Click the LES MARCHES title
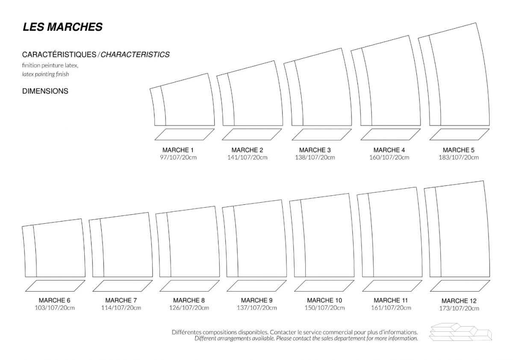coord(62,27)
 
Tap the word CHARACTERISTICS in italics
coord(135,54)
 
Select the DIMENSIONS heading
coord(45,91)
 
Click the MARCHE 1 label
coord(178,150)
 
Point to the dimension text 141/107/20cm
coord(247,157)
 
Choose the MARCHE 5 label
coord(458,150)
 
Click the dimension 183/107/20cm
coord(458,157)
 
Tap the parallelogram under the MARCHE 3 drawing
coord(321,134)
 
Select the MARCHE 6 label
coord(55,300)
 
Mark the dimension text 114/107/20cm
coord(121,307)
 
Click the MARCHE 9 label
coord(256,300)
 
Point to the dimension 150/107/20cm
coord(324,307)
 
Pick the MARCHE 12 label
coord(459,301)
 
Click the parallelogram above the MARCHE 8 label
coord(189,286)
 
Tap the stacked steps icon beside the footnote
coord(460,332)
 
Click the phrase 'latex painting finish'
coord(45,74)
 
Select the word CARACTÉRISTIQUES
coord(59,54)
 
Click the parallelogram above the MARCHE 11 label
coord(392,286)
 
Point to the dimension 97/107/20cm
coord(178,157)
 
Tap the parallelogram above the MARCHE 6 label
coord(55,286)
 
